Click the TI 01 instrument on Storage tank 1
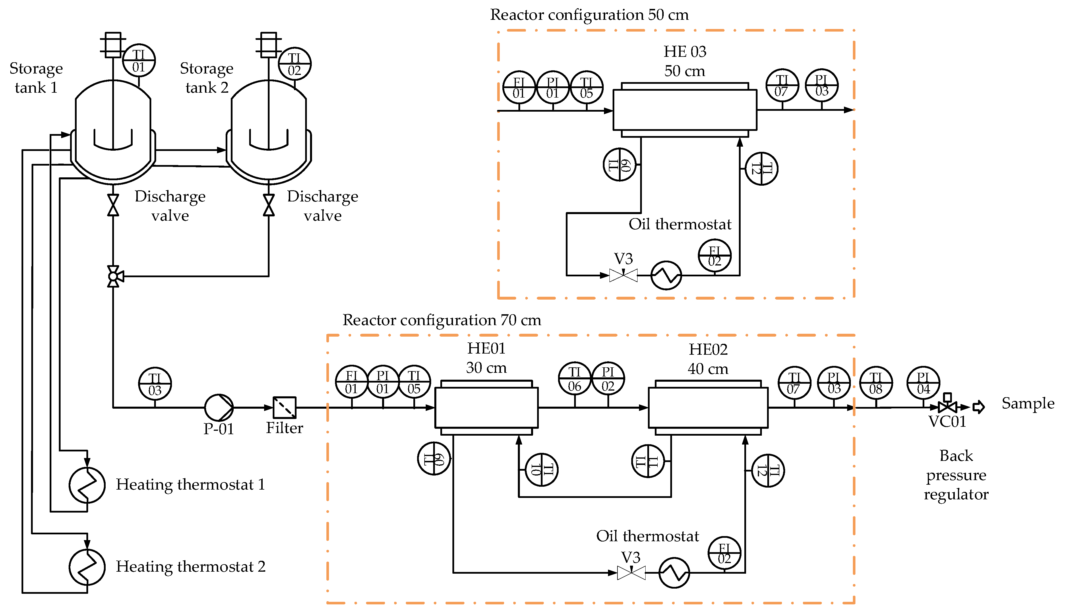coord(139,60)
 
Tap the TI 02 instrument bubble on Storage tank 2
coord(295,64)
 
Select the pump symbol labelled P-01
coord(218,407)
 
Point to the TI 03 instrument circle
coord(155,383)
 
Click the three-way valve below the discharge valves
coord(113,276)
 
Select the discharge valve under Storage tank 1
coord(113,205)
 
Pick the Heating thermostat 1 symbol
coord(87,485)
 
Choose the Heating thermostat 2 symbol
coord(87,567)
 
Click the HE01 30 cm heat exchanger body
coord(486,407)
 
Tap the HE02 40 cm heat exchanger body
coord(708,407)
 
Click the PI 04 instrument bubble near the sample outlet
coord(923,383)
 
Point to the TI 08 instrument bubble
coord(876,383)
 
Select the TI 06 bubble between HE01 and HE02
coord(574,379)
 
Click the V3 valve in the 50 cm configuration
coord(623,276)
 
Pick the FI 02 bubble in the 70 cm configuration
coord(724,553)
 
